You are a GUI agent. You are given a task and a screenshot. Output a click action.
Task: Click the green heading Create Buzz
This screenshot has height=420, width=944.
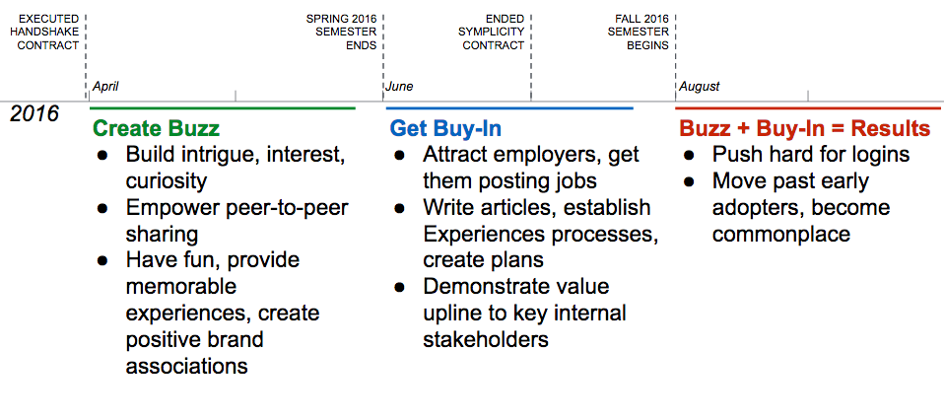point(156,129)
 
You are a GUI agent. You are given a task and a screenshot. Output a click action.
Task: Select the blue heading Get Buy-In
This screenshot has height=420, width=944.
point(445,129)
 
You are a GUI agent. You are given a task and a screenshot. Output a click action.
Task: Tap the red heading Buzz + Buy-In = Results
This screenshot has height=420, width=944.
point(805,129)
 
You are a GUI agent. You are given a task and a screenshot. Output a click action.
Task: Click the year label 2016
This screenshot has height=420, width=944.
point(34,113)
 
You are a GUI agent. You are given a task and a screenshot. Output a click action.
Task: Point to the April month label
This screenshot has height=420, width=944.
point(105,87)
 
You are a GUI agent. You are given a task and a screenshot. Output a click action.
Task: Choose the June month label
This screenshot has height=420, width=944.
point(399,87)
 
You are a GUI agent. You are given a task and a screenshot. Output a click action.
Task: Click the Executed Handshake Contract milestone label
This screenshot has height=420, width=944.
point(48,32)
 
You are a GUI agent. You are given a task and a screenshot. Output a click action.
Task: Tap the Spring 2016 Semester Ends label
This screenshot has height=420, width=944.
point(342,32)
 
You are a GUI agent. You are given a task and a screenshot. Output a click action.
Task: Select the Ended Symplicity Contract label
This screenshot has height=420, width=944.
point(494,32)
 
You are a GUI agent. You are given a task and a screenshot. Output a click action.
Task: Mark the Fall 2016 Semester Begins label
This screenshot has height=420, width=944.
point(639,32)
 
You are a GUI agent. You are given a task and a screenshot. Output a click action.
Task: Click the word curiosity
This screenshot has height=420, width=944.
point(167,181)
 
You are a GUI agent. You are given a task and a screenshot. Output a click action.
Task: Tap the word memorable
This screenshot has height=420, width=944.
point(181,287)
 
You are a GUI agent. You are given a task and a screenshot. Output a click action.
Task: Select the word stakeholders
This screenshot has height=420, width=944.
point(486,339)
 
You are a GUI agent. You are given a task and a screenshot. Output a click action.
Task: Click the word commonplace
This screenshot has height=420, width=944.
point(781,235)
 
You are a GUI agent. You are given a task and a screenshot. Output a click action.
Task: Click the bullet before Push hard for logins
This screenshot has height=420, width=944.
point(690,156)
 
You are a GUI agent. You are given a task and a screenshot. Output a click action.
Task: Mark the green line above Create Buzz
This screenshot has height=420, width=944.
point(222,108)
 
